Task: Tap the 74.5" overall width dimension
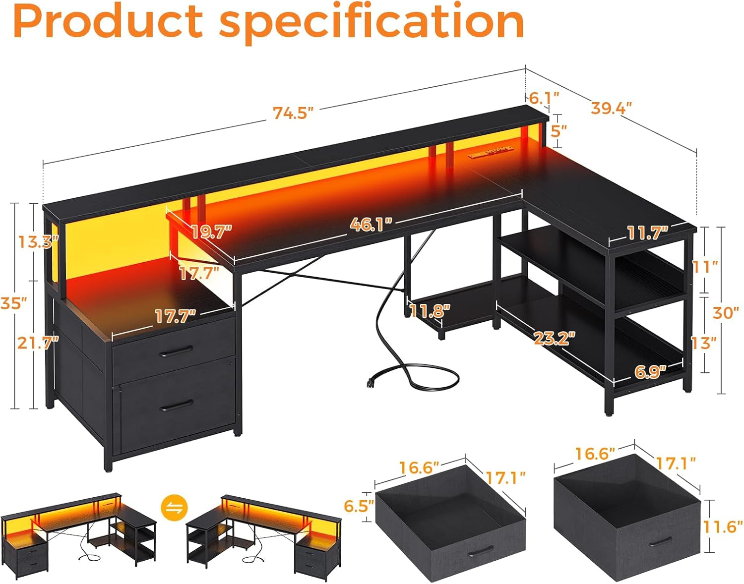point(293,113)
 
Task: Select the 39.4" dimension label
point(611,108)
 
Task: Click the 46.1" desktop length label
point(371,225)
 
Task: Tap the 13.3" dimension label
point(38,242)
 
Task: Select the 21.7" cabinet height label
point(38,342)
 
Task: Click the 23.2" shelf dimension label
point(554,338)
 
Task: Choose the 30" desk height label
point(726,313)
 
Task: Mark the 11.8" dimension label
point(430,311)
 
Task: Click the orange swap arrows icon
point(175,508)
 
